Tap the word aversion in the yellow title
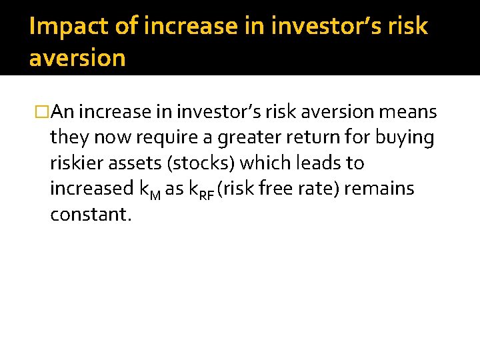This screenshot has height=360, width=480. [77, 58]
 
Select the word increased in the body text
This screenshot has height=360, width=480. [91, 189]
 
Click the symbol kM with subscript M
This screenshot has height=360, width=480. [149, 190]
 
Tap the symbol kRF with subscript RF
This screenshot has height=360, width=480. [201, 190]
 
